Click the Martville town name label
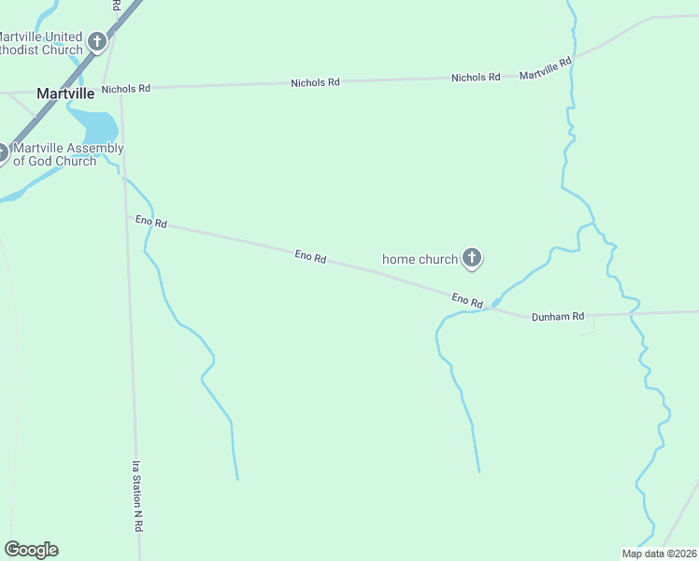[65, 93]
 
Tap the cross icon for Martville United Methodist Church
[97, 41]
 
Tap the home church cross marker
[472, 258]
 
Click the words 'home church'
[421, 259]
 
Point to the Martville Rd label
[545, 68]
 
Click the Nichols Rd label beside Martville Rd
[476, 78]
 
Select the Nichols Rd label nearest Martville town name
[126, 89]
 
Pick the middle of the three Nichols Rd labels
[315, 83]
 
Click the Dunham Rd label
[558, 317]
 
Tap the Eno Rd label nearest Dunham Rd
[466, 299]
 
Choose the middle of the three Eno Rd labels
[310, 255]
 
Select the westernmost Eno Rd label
[150, 222]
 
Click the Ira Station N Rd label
[136, 496]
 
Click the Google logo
[31, 550]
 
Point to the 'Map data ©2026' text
[659, 554]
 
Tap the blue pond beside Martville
[95, 126]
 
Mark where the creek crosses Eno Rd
[493, 304]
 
